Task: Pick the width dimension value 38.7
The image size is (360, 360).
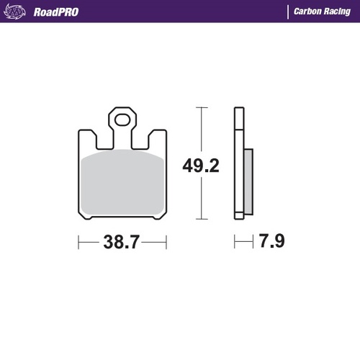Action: click(x=122, y=243)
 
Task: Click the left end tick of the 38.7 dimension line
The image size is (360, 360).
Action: click(x=78, y=243)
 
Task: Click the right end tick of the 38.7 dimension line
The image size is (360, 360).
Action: click(x=167, y=243)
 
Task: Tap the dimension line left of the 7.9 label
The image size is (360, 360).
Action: click(x=240, y=243)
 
